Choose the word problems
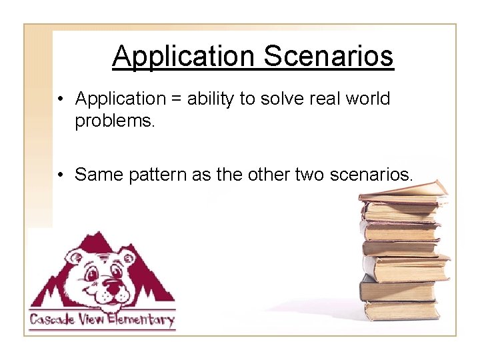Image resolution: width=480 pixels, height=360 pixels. click(x=115, y=121)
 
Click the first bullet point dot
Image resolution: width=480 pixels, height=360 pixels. click(x=61, y=100)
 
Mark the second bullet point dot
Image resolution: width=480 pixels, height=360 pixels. click(x=61, y=175)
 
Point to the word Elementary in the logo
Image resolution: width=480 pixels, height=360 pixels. click(x=139, y=319)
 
